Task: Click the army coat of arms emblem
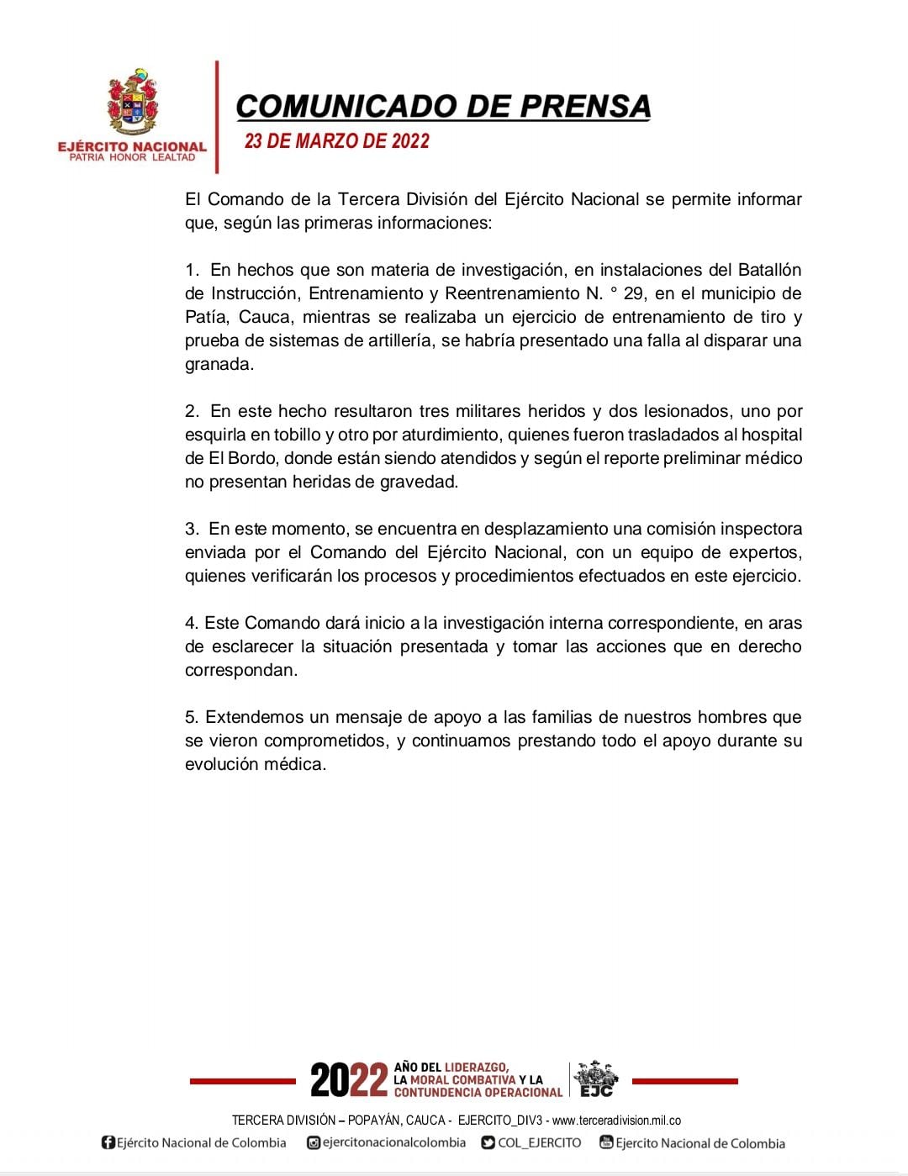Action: (132, 103)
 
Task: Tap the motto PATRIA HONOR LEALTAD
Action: (132, 157)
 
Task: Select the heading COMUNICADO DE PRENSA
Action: (443, 106)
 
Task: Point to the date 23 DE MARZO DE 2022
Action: (336, 141)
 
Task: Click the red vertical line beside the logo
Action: (217, 118)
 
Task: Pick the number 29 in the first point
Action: (634, 293)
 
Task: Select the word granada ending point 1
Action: (218, 364)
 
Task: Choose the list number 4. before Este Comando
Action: (192, 623)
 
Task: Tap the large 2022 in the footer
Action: (349, 1080)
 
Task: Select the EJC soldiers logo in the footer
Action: (596, 1078)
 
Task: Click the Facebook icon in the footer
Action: (108, 1142)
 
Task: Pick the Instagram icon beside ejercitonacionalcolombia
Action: (314, 1142)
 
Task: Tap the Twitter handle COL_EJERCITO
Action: (539, 1142)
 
